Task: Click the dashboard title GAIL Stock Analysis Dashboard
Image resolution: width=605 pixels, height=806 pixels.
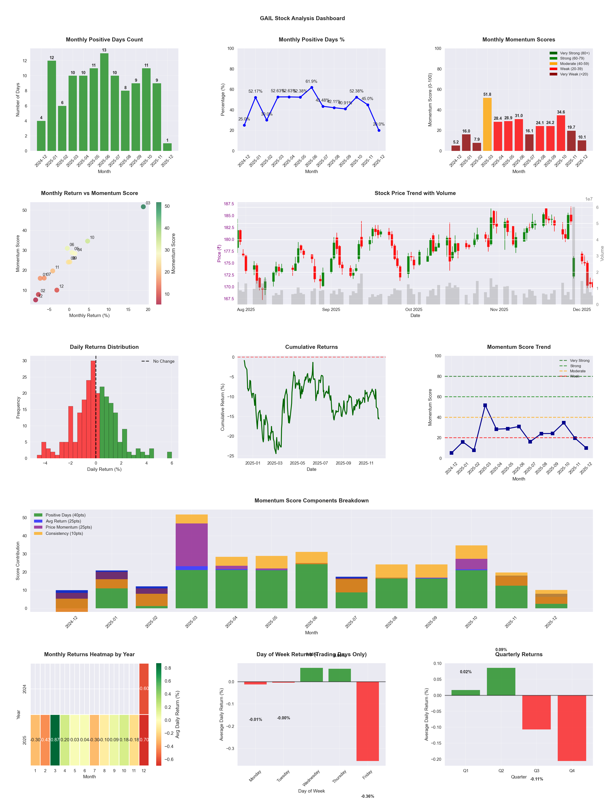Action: click(302, 18)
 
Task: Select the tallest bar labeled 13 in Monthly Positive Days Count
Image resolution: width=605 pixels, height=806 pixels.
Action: click(104, 102)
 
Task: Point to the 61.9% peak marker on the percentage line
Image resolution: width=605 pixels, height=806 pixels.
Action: click(311, 88)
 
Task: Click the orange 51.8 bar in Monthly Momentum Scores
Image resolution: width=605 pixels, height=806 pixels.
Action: click(487, 124)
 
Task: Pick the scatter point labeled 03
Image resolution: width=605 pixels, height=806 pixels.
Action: click(143, 207)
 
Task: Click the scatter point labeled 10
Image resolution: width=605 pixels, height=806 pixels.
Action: click(88, 241)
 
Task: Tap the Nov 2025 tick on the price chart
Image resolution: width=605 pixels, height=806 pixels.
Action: click(499, 310)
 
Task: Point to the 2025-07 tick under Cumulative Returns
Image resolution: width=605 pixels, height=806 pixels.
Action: click(320, 463)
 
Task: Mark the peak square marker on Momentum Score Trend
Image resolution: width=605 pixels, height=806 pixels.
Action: click(485, 405)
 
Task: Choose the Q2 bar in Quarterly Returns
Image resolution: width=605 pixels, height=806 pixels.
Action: click(501, 681)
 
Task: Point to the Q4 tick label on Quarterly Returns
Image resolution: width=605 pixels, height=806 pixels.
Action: click(572, 771)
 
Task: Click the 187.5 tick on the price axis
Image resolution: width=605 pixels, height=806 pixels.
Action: click(229, 204)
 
